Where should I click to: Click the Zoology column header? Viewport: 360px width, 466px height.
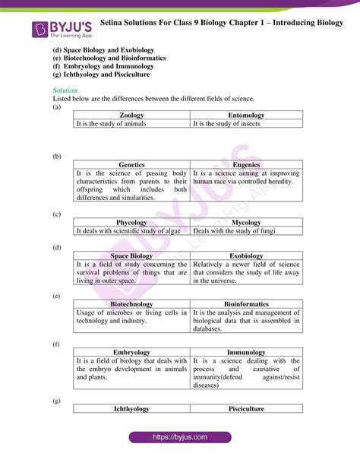click(x=131, y=114)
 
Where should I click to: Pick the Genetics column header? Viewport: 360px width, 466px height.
click(x=131, y=164)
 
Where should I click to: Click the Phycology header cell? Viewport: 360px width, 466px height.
click(x=131, y=222)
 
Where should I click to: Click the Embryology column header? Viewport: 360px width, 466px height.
click(x=131, y=352)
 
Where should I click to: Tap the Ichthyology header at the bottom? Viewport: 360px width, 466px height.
click(x=131, y=409)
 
